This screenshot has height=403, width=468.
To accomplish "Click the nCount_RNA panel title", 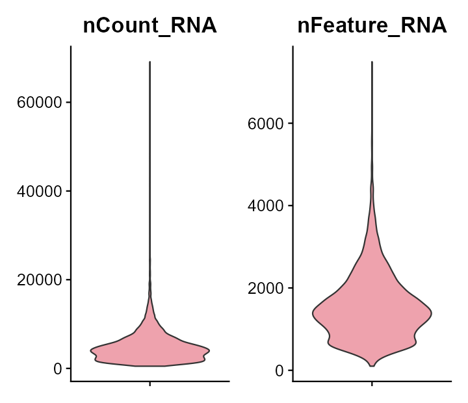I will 149,26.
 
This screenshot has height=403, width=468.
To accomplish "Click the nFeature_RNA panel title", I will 372,26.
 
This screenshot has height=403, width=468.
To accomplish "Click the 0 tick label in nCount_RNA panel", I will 57,369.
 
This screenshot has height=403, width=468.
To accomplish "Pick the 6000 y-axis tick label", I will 265,123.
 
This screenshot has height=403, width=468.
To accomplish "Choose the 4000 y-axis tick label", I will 265,206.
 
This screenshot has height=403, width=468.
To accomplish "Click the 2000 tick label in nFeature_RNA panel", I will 265,288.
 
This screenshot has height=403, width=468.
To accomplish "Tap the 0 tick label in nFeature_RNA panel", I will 279,370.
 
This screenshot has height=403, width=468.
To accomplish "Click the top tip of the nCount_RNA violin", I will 150,62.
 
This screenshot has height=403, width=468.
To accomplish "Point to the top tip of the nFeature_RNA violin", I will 372,62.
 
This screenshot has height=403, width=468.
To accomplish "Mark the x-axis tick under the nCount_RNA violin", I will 150,383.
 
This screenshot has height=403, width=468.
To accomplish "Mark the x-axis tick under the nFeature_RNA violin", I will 372,383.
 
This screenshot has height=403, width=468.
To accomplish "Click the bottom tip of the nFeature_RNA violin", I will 372,366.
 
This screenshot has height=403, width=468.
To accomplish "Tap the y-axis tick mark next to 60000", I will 68,103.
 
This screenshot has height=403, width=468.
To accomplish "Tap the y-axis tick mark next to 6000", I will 290,123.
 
